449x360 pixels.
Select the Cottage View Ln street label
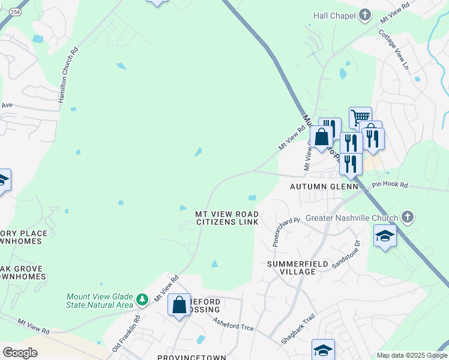393,49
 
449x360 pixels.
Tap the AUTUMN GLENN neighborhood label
324,187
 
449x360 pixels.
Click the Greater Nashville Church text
351,217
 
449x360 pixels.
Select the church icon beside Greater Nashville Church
407,217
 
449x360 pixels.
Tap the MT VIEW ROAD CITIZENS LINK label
228,218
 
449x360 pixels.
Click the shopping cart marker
360,117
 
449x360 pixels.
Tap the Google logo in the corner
20,353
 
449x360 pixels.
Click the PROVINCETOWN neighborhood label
191,357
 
